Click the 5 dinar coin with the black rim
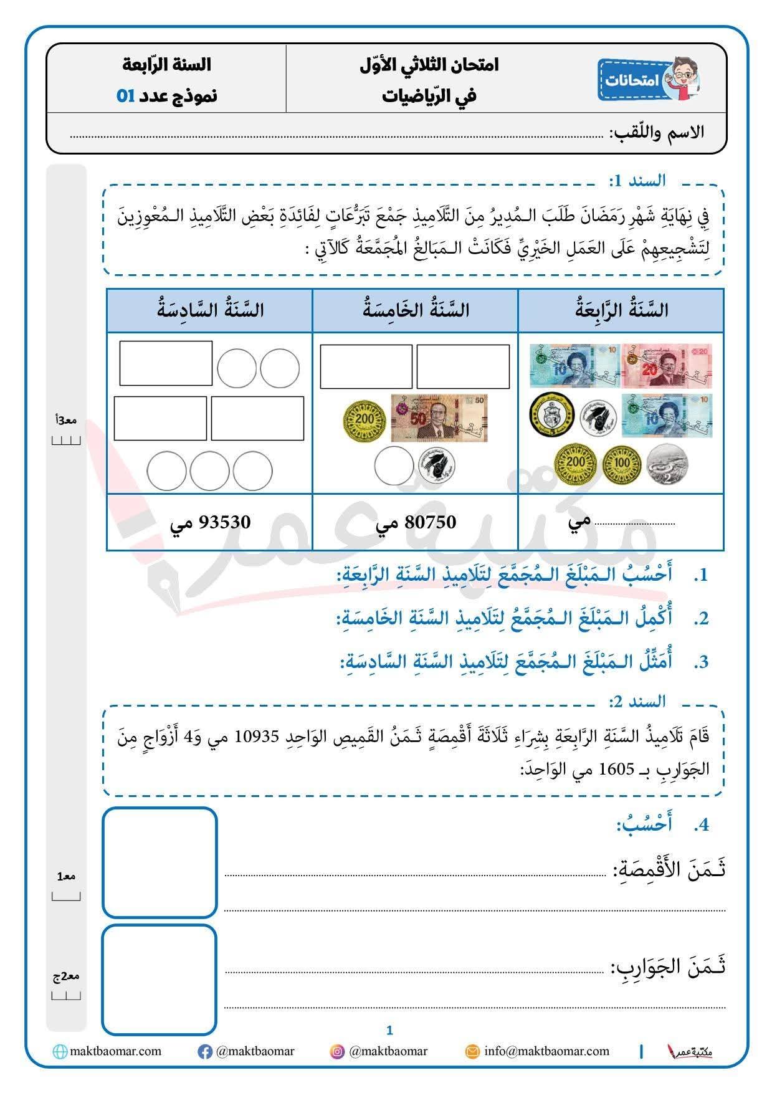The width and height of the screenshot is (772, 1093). tap(550, 416)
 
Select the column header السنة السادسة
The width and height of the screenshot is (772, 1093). tap(210, 310)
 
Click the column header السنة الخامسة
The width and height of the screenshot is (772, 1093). tap(416, 310)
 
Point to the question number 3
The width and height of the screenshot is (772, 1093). tap(702, 662)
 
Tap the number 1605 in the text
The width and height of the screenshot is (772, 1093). tap(616, 769)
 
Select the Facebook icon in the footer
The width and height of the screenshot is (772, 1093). tap(204, 1052)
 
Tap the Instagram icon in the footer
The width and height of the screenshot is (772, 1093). tap(337, 1052)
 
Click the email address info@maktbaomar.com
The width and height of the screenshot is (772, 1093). tap(546, 1051)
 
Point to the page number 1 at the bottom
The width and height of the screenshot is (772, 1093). tap(389, 1030)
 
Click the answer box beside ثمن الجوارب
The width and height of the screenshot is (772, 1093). tap(160, 979)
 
